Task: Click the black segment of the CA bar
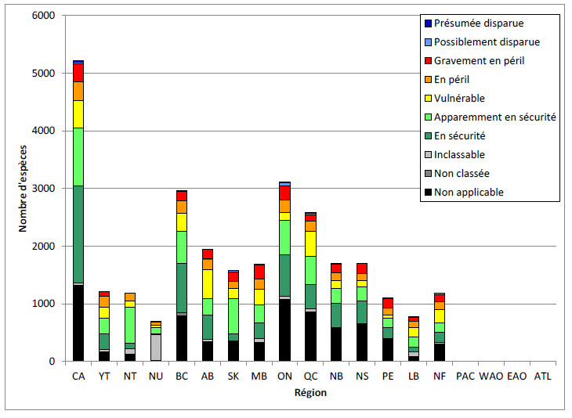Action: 78,323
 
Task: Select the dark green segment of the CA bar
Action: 78,234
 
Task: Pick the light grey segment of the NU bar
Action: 156,347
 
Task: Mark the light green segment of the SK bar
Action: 233,315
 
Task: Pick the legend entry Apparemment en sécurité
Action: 494,117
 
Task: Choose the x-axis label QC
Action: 310,376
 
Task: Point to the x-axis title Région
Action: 310,393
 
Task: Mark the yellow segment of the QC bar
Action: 310,243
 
